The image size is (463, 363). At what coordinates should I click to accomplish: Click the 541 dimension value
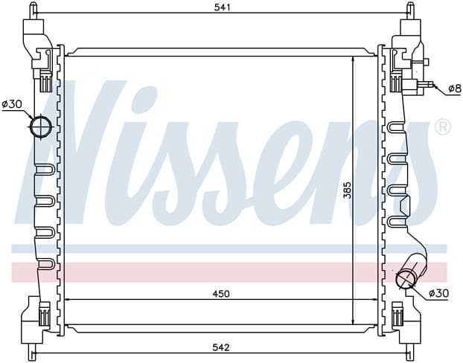(222, 7)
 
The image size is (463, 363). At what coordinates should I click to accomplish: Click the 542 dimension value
(221, 347)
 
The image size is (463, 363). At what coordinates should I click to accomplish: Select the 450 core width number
(221, 294)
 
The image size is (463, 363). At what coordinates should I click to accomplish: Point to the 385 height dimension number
(348, 190)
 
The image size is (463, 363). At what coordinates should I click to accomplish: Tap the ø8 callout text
(454, 89)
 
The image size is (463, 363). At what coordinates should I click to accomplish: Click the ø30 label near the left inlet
(12, 104)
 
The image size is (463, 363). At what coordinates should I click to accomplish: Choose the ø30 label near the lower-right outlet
(438, 293)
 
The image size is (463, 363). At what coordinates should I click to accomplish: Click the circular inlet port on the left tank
(41, 127)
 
